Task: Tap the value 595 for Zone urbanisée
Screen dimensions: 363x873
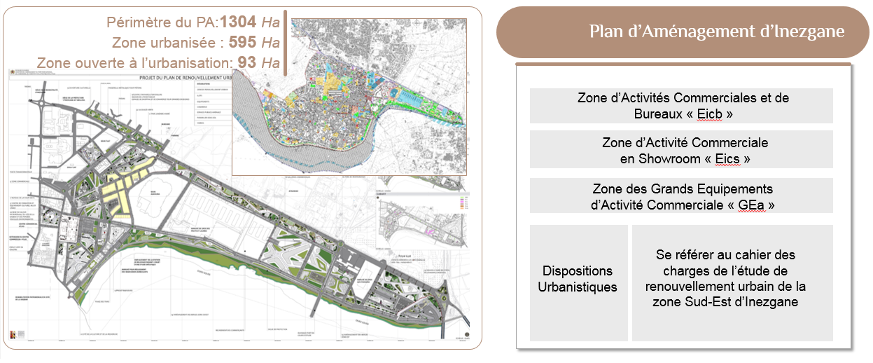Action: (x=243, y=41)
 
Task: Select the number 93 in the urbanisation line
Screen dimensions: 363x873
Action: (x=247, y=62)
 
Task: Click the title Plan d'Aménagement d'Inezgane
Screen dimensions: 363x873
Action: (x=716, y=32)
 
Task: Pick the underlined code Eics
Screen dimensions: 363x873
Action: (x=727, y=159)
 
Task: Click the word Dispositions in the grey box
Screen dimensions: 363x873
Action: (x=578, y=271)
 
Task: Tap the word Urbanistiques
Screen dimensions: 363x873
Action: (x=578, y=287)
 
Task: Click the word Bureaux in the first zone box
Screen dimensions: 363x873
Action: (x=650, y=114)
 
